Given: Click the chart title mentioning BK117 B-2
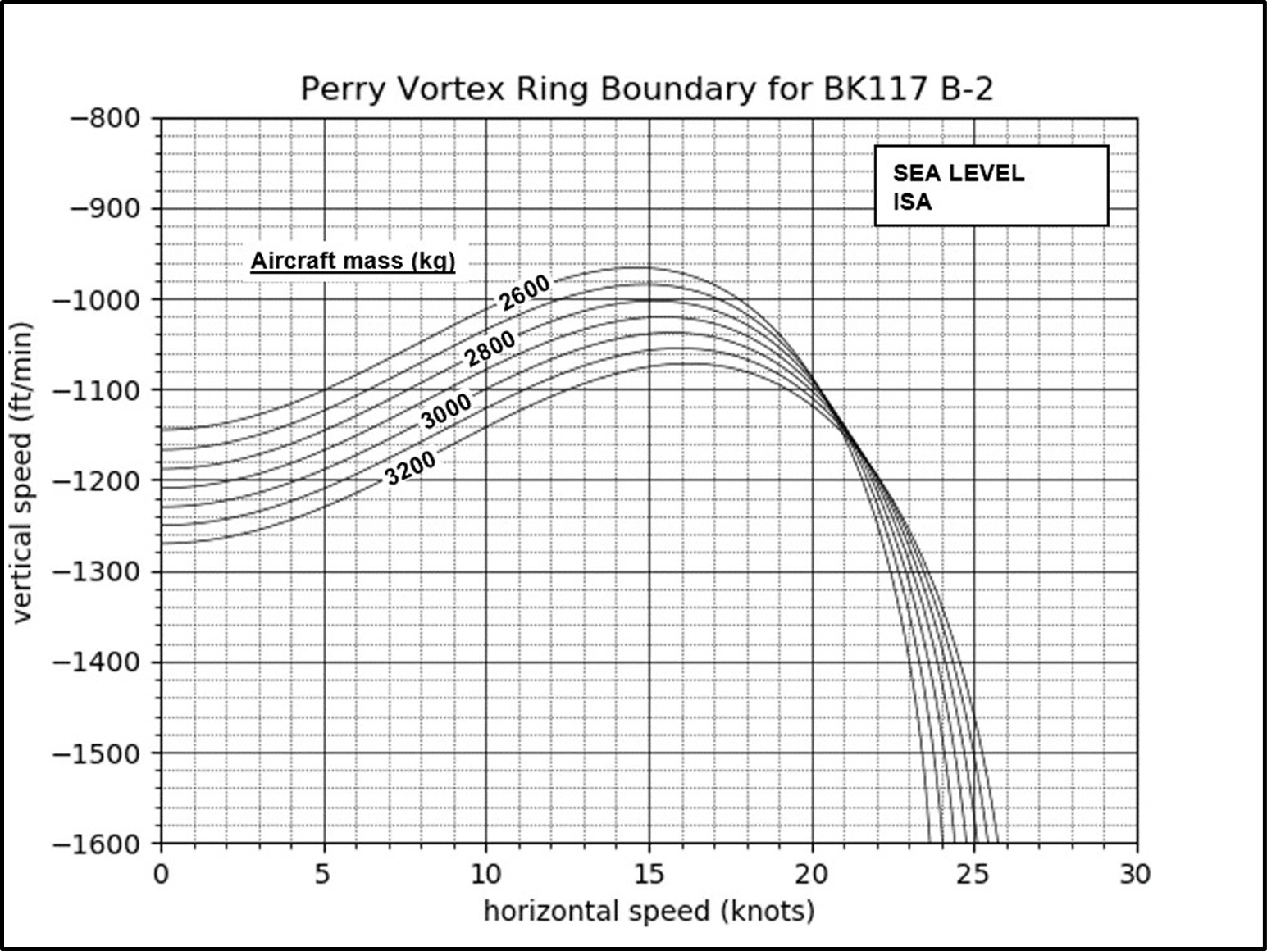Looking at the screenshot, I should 646,89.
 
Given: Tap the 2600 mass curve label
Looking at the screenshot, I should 524,293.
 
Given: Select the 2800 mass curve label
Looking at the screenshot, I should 490,348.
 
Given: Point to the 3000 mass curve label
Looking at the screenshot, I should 446,410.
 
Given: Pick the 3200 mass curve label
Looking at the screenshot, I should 410,468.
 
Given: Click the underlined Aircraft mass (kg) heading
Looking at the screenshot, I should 353,261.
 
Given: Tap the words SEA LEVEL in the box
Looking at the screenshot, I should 958,173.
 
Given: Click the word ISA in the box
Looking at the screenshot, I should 912,202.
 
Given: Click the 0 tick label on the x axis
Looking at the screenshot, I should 161,875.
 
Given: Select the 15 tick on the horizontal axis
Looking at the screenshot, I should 648,875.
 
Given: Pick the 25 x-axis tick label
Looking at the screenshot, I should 973,875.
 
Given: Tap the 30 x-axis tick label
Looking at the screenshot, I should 1136,875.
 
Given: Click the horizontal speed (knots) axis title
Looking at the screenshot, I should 649,911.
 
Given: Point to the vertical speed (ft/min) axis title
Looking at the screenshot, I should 21,472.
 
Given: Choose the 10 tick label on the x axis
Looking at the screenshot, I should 485,875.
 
